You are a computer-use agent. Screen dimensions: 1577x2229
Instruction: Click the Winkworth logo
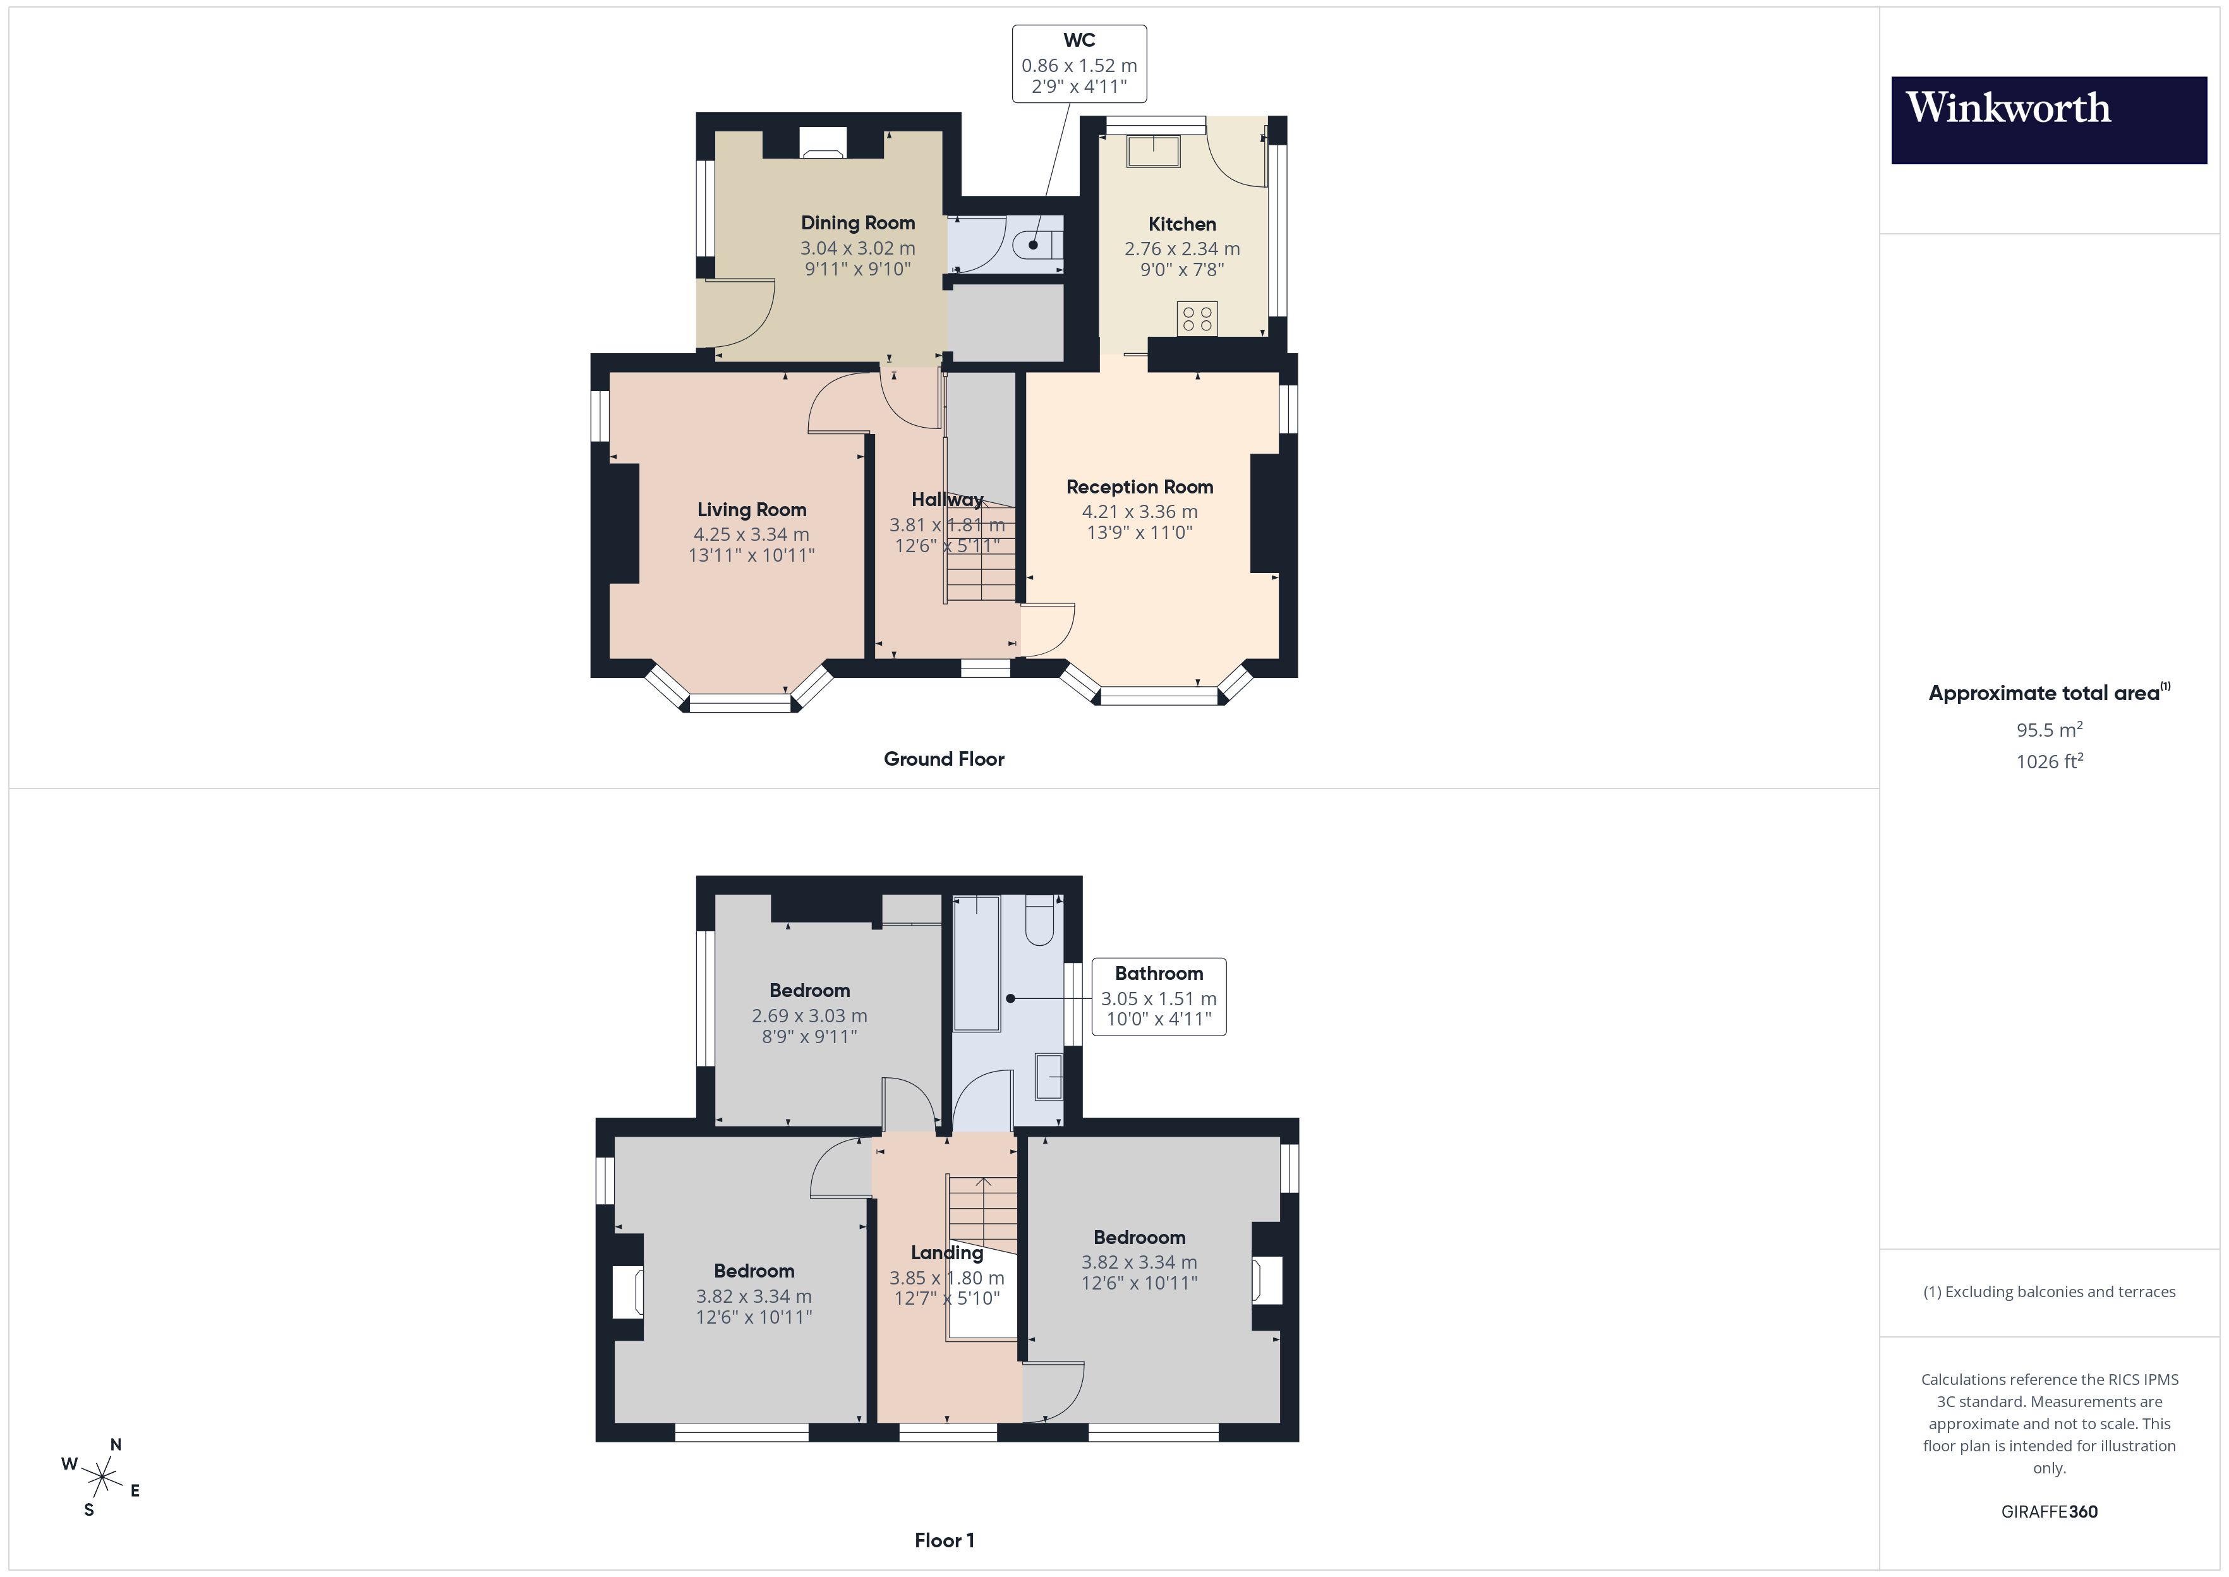pyautogui.click(x=2048, y=119)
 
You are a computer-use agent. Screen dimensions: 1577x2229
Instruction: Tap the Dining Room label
pyautogui.click(x=857, y=223)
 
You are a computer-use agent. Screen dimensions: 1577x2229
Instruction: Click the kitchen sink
pyautogui.click(x=1152, y=152)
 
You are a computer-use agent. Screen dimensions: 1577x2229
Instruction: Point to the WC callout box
pyautogui.click(x=1078, y=64)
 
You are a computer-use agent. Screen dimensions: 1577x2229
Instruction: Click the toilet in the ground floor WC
pyautogui.click(x=1037, y=245)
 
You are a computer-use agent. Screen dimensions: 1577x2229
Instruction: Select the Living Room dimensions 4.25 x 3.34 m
pyautogui.click(x=751, y=534)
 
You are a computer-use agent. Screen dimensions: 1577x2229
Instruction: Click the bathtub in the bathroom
pyautogui.click(x=976, y=964)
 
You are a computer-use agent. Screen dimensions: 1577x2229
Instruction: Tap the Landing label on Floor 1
pyautogui.click(x=946, y=1253)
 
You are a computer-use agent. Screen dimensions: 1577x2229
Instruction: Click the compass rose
pyautogui.click(x=102, y=1478)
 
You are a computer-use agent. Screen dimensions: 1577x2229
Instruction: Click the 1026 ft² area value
pyautogui.click(x=2048, y=761)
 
